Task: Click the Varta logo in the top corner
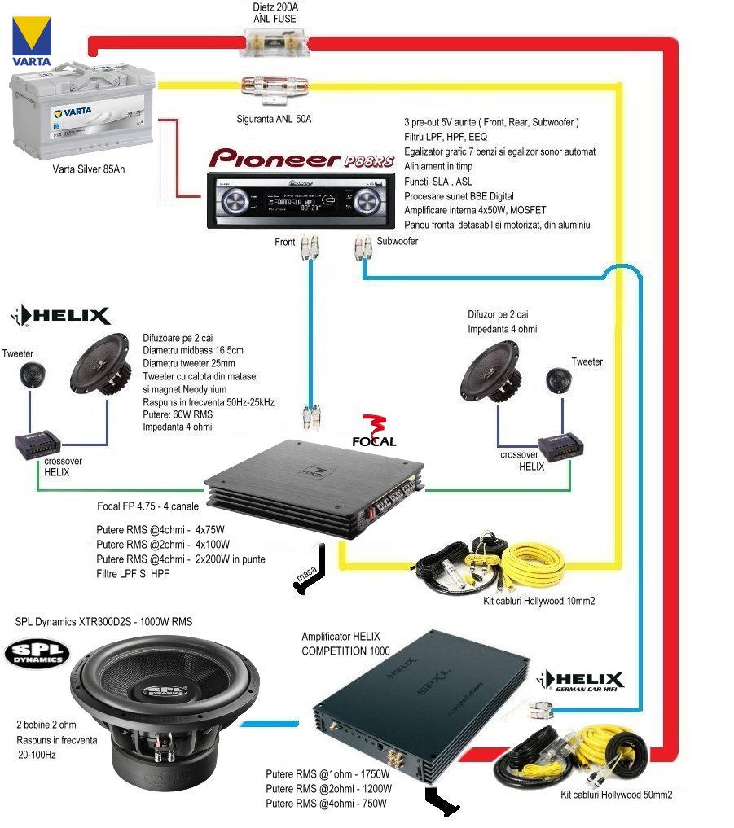tap(31, 42)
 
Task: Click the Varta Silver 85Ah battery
tap(82, 117)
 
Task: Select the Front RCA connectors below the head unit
tap(310, 246)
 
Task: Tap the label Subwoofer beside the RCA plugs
tap(398, 242)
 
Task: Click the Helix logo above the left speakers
tap(60, 316)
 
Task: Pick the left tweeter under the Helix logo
tap(30, 377)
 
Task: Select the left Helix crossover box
tap(37, 442)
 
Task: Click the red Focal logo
tap(374, 431)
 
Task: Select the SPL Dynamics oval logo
tap(37, 654)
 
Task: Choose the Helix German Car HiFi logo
tap(582, 681)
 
